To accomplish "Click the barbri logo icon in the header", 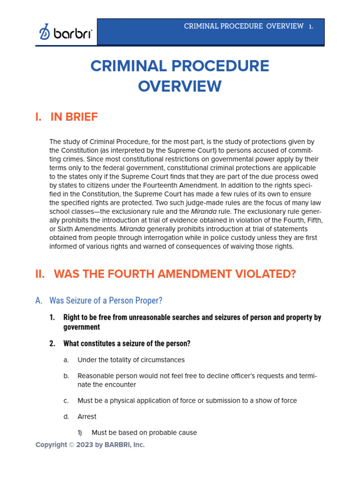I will (45, 32).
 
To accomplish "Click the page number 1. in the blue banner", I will (311, 26).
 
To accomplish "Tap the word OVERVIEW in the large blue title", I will (180, 87).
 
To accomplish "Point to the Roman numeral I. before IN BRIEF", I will (39, 117).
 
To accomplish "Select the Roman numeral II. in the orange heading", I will (40, 274).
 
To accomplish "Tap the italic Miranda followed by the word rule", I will (203, 211).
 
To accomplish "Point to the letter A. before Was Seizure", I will (39, 300).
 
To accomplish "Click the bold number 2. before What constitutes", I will (52, 344).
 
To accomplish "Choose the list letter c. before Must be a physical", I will (66, 401).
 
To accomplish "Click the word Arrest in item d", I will (87, 417).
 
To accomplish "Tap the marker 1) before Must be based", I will (80, 433).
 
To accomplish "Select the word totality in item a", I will (114, 360).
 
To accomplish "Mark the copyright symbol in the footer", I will (72, 445).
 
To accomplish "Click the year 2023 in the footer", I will (85, 445).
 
